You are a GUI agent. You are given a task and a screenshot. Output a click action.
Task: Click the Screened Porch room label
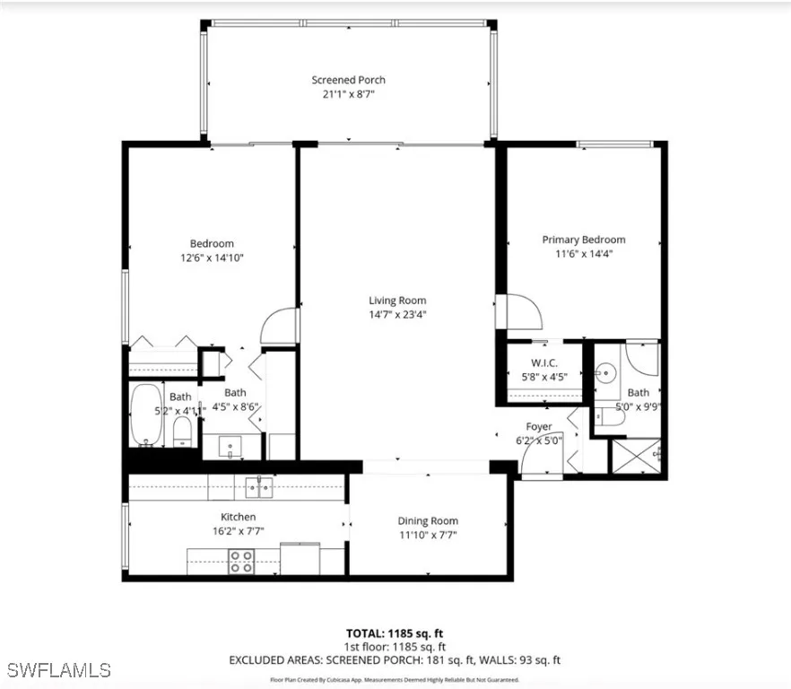click(348, 80)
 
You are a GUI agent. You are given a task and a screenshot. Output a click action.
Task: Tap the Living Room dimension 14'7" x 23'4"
click(397, 315)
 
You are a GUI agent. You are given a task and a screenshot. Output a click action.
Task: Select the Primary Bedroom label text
click(583, 240)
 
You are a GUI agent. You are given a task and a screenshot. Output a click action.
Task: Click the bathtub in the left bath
click(145, 414)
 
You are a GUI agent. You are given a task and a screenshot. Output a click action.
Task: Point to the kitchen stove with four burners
click(240, 562)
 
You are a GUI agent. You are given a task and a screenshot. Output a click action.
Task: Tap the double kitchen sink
click(259, 488)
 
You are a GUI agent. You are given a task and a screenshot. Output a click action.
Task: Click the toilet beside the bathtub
click(182, 430)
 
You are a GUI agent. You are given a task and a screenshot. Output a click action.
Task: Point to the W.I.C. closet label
click(544, 362)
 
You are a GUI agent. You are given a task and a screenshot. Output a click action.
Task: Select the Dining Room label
click(428, 521)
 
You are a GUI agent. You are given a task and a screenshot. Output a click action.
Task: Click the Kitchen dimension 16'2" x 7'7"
click(239, 531)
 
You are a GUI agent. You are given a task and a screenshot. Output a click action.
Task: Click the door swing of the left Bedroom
click(279, 326)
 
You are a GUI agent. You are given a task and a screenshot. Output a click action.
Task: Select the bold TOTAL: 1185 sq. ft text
click(395, 632)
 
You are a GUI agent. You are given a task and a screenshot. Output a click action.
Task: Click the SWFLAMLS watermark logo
click(57, 670)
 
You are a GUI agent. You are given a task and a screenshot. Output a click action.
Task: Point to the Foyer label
click(538, 426)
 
